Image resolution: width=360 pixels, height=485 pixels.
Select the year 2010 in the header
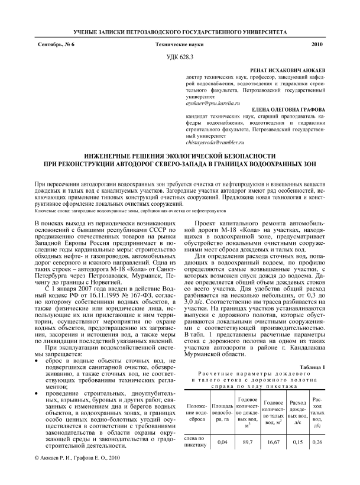click(x=317, y=44)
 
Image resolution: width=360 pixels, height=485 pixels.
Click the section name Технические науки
click(x=180, y=44)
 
